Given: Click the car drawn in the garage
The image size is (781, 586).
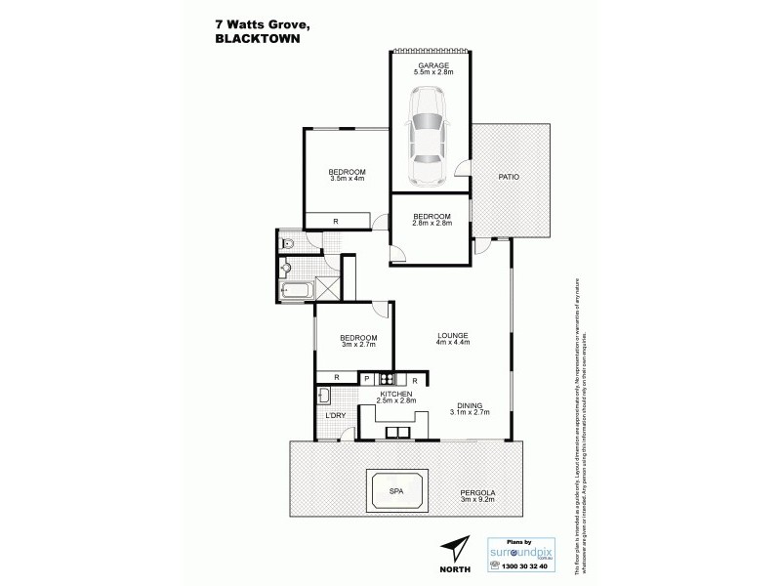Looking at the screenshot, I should tap(427, 136).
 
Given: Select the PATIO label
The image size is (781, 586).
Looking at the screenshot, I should tap(509, 177).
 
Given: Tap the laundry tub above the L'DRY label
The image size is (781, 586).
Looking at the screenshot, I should tap(326, 396).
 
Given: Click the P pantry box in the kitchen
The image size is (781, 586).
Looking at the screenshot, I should tap(367, 379).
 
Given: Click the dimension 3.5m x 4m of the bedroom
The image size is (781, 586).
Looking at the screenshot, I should tap(347, 179).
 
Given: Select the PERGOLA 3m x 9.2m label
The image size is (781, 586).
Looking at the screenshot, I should tap(477, 497).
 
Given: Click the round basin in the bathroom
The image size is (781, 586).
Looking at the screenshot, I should tap(286, 267).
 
